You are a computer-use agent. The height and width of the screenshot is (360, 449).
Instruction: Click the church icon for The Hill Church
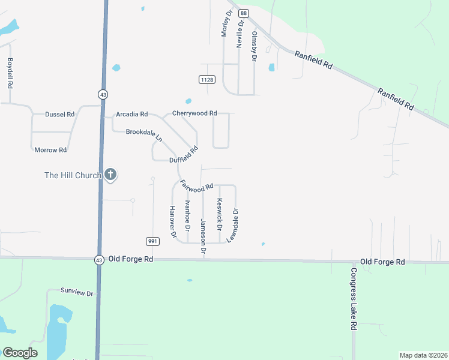[x=110, y=175]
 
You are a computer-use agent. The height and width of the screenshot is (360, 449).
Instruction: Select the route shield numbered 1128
[x=207, y=79]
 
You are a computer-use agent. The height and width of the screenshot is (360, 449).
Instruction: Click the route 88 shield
[x=243, y=13]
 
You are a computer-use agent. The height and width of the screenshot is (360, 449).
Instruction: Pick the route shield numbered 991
[x=152, y=241]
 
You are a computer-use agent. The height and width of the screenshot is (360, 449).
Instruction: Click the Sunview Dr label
[x=77, y=292]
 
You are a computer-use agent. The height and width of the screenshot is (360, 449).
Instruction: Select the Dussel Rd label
[x=59, y=114]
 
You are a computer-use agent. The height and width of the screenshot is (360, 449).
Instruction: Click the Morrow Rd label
[x=50, y=149]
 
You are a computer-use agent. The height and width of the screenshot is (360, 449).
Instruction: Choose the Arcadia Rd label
[x=132, y=114]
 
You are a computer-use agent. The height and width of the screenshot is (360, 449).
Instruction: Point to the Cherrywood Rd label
[x=194, y=113]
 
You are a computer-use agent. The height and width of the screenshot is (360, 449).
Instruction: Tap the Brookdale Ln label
[x=144, y=134]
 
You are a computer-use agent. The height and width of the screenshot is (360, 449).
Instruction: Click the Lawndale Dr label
[x=232, y=225]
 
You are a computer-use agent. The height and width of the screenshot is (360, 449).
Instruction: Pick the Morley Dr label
[x=226, y=23]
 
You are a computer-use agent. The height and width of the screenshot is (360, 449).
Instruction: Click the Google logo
[x=20, y=353]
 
